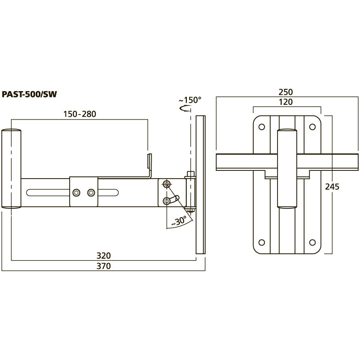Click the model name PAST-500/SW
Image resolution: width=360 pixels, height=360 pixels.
click(x=29, y=94)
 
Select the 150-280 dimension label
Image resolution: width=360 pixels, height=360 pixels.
click(x=80, y=114)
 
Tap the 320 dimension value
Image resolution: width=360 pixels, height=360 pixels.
click(x=104, y=256)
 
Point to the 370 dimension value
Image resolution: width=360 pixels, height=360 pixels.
click(x=104, y=266)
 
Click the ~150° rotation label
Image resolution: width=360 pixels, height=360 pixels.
click(x=190, y=100)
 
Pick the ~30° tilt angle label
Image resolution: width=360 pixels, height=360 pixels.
click(x=179, y=221)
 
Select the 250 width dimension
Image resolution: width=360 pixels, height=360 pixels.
click(x=286, y=92)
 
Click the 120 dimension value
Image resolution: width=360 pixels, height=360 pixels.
click(x=286, y=102)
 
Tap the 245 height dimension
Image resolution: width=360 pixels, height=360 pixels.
click(x=332, y=187)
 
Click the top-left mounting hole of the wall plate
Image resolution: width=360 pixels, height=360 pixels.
click(x=262, y=127)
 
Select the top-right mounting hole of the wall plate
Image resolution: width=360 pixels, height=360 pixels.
click(x=312, y=127)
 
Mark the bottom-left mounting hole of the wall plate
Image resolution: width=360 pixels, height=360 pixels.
click(x=262, y=242)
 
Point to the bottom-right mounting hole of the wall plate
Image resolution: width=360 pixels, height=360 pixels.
click(x=312, y=242)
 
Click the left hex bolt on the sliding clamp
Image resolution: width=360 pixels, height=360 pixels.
click(x=76, y=193)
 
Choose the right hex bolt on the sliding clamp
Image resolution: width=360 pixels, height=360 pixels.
click(x=91, y=193)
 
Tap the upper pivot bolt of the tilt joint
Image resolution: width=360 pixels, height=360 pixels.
click(x=166, y=184)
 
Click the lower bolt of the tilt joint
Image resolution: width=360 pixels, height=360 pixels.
click(x=166, y=202)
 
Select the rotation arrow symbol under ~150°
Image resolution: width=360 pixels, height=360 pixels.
click(x=185, y=109)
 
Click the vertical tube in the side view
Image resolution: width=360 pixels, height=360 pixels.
click(x=11, y=169)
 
